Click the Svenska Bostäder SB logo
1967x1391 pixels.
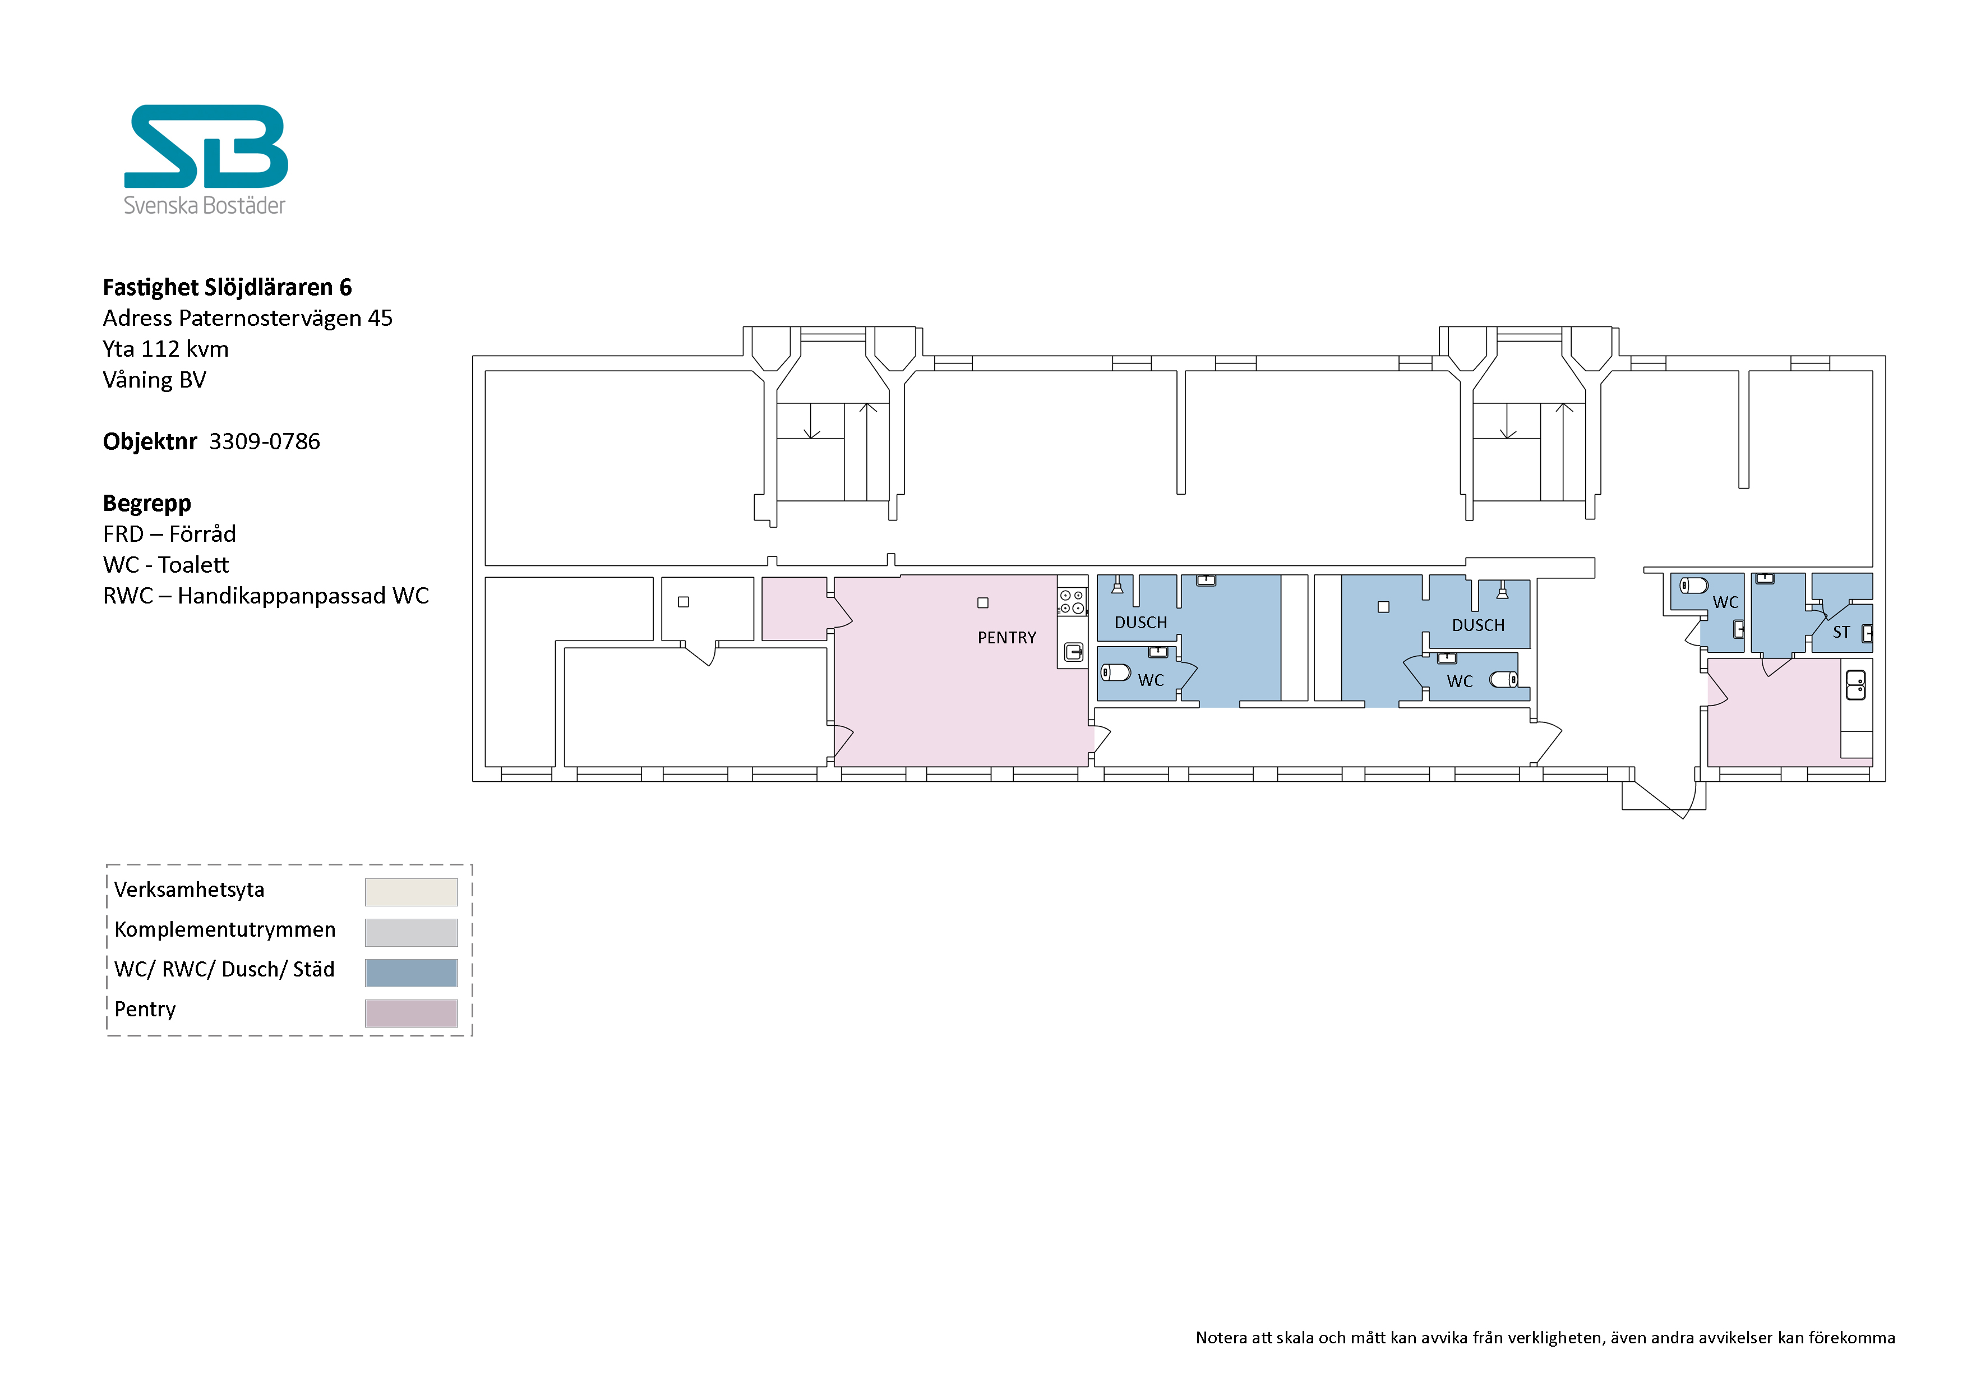(206, 159)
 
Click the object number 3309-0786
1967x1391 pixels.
(265, 441)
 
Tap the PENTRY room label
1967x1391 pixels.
(1006, 638)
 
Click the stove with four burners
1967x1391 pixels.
(1072, 602)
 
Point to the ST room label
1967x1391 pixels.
(1841, 633)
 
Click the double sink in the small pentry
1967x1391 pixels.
(1855, 685)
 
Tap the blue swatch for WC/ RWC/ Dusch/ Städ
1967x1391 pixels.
(411, 973)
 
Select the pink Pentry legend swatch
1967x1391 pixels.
(411, 1013)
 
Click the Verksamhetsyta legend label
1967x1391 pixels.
(190, 890)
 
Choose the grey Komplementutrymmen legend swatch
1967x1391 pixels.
(411, 933)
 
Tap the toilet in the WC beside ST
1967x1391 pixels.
(1694, 586)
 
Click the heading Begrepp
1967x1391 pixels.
(146, 504)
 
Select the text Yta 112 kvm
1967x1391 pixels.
(165, 349)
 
